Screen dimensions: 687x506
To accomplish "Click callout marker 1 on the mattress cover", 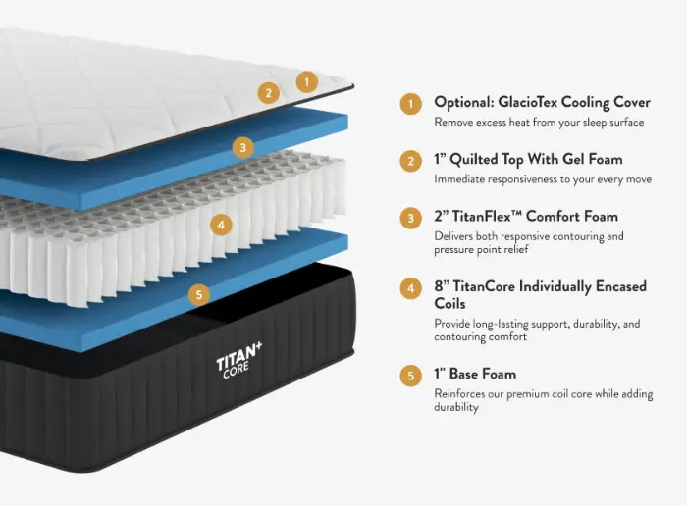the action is tap(306, 81).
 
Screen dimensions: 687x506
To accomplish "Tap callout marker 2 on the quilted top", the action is tap(268, 93).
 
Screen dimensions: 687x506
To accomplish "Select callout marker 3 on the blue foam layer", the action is tap(243, 147).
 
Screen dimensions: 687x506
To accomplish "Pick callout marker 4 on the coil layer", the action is tap(221, 225).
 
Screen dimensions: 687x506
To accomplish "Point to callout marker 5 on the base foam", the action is tap(199, 294).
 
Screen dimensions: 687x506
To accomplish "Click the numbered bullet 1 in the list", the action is tap(410, 104).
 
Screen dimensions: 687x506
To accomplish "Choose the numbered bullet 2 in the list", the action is tap(410, 161).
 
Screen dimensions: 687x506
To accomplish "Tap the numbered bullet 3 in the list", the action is tap(410, 218).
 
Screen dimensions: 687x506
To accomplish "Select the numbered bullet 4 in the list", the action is tap(410, 288).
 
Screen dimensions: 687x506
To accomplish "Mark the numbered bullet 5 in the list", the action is tap(410, 376).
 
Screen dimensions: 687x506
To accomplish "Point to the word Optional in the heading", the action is tap(464, 103).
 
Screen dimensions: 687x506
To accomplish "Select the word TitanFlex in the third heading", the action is tap(481, 217).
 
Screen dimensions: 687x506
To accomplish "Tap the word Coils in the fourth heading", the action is tap(449, 303).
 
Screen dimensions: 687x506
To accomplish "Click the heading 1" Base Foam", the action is tap(475, 374).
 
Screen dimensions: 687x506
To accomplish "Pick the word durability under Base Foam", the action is tap(456, 408).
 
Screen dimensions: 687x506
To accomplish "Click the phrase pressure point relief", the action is tap(481, 250).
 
